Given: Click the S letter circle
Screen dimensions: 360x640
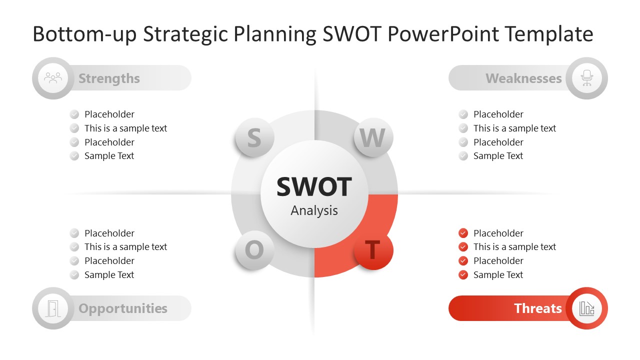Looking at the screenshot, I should click(254, 137).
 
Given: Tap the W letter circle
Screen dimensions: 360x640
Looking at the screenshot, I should click(373, 137).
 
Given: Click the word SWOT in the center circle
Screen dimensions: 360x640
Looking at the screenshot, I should click(314, 186).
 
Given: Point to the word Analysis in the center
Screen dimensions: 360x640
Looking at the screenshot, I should click(314, 210).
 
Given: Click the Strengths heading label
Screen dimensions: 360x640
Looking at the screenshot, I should click(109, 78).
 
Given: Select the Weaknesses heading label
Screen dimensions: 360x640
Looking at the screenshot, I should click(523, 78).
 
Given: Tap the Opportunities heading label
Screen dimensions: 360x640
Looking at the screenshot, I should click(123, 308).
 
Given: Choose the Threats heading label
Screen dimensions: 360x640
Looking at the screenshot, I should click(537, 308).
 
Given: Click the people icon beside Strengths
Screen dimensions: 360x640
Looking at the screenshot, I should click(53, 78).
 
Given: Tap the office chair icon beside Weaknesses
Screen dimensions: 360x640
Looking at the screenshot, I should click(586, 78).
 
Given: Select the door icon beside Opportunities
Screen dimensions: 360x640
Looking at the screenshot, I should click(53, 308).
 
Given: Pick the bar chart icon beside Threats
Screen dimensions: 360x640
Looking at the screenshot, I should click(586, 308).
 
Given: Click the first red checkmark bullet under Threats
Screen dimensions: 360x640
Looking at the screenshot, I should click(463, 233).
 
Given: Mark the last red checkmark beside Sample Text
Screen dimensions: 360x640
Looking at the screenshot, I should click(463, 274).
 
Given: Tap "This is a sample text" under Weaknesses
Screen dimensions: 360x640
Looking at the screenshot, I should click(514, 128).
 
